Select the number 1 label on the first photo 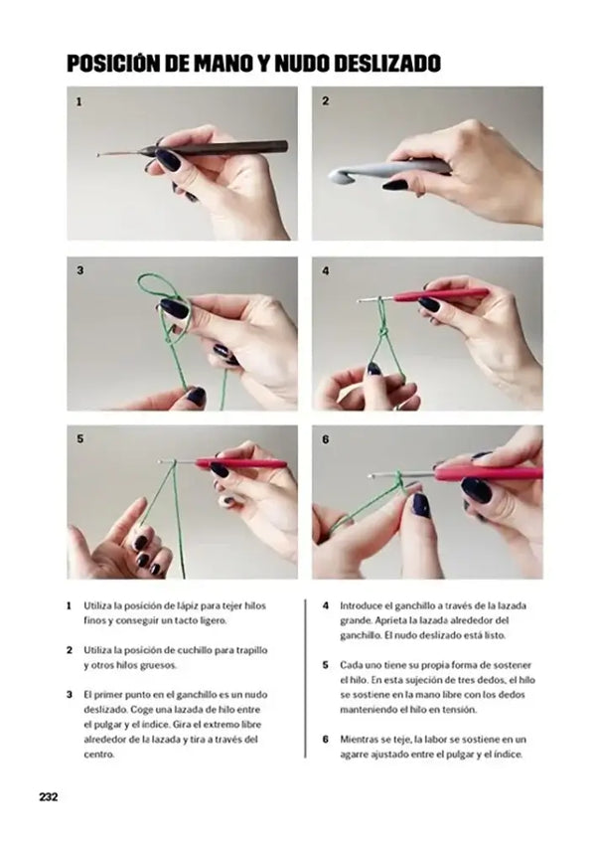click(79, 101)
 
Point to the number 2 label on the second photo click(325, 101)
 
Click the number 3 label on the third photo click(79, 269)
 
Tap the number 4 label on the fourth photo click(325, 269)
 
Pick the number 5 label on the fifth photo click(79, 437)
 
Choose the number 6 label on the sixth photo click(325, 437)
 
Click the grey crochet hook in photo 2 click(387, 170)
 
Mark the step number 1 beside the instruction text click(69, 604)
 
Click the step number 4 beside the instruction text click(325, 604)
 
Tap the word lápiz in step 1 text click(177, 604)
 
